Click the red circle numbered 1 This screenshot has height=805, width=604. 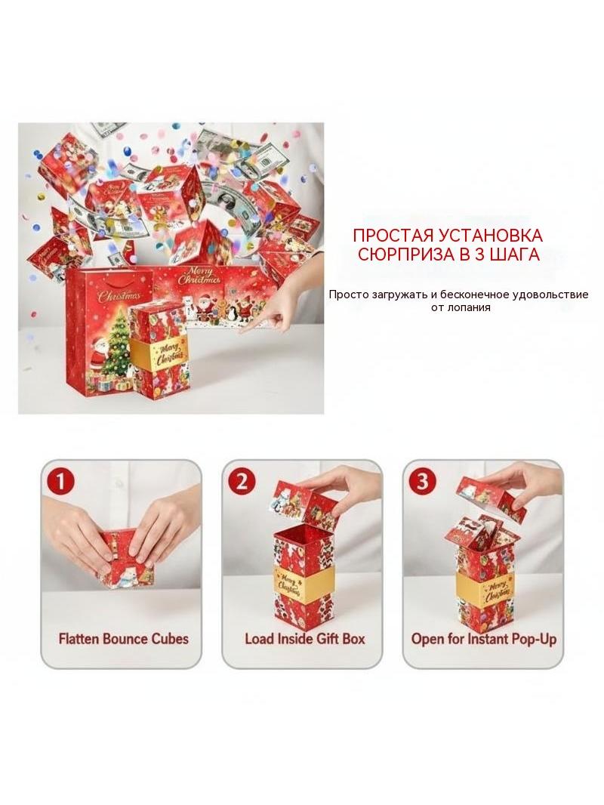(61, 482)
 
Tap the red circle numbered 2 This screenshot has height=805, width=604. (242, 482)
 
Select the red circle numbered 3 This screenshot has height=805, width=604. (423, 482)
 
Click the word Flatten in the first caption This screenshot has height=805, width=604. (79, 639)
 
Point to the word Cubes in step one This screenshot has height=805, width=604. (170, 639)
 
